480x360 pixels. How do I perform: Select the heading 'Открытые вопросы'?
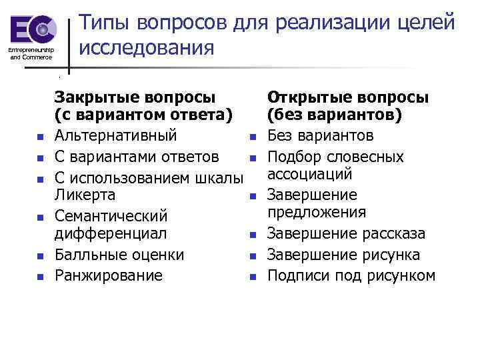[347, 97]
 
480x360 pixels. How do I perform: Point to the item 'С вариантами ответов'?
[136, 157]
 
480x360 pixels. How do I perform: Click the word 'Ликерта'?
[85, 195]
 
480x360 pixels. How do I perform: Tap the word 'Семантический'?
[111, 216]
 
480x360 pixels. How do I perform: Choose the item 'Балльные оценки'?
[119, 255]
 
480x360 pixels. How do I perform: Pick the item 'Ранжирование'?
[108, 275]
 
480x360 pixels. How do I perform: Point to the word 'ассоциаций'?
[309, 175]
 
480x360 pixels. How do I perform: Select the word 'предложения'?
[317, 213]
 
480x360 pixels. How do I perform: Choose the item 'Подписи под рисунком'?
[351, 275]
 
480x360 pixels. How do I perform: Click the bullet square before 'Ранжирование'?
[40, 275]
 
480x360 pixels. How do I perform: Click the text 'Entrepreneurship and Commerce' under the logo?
[30, 53]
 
